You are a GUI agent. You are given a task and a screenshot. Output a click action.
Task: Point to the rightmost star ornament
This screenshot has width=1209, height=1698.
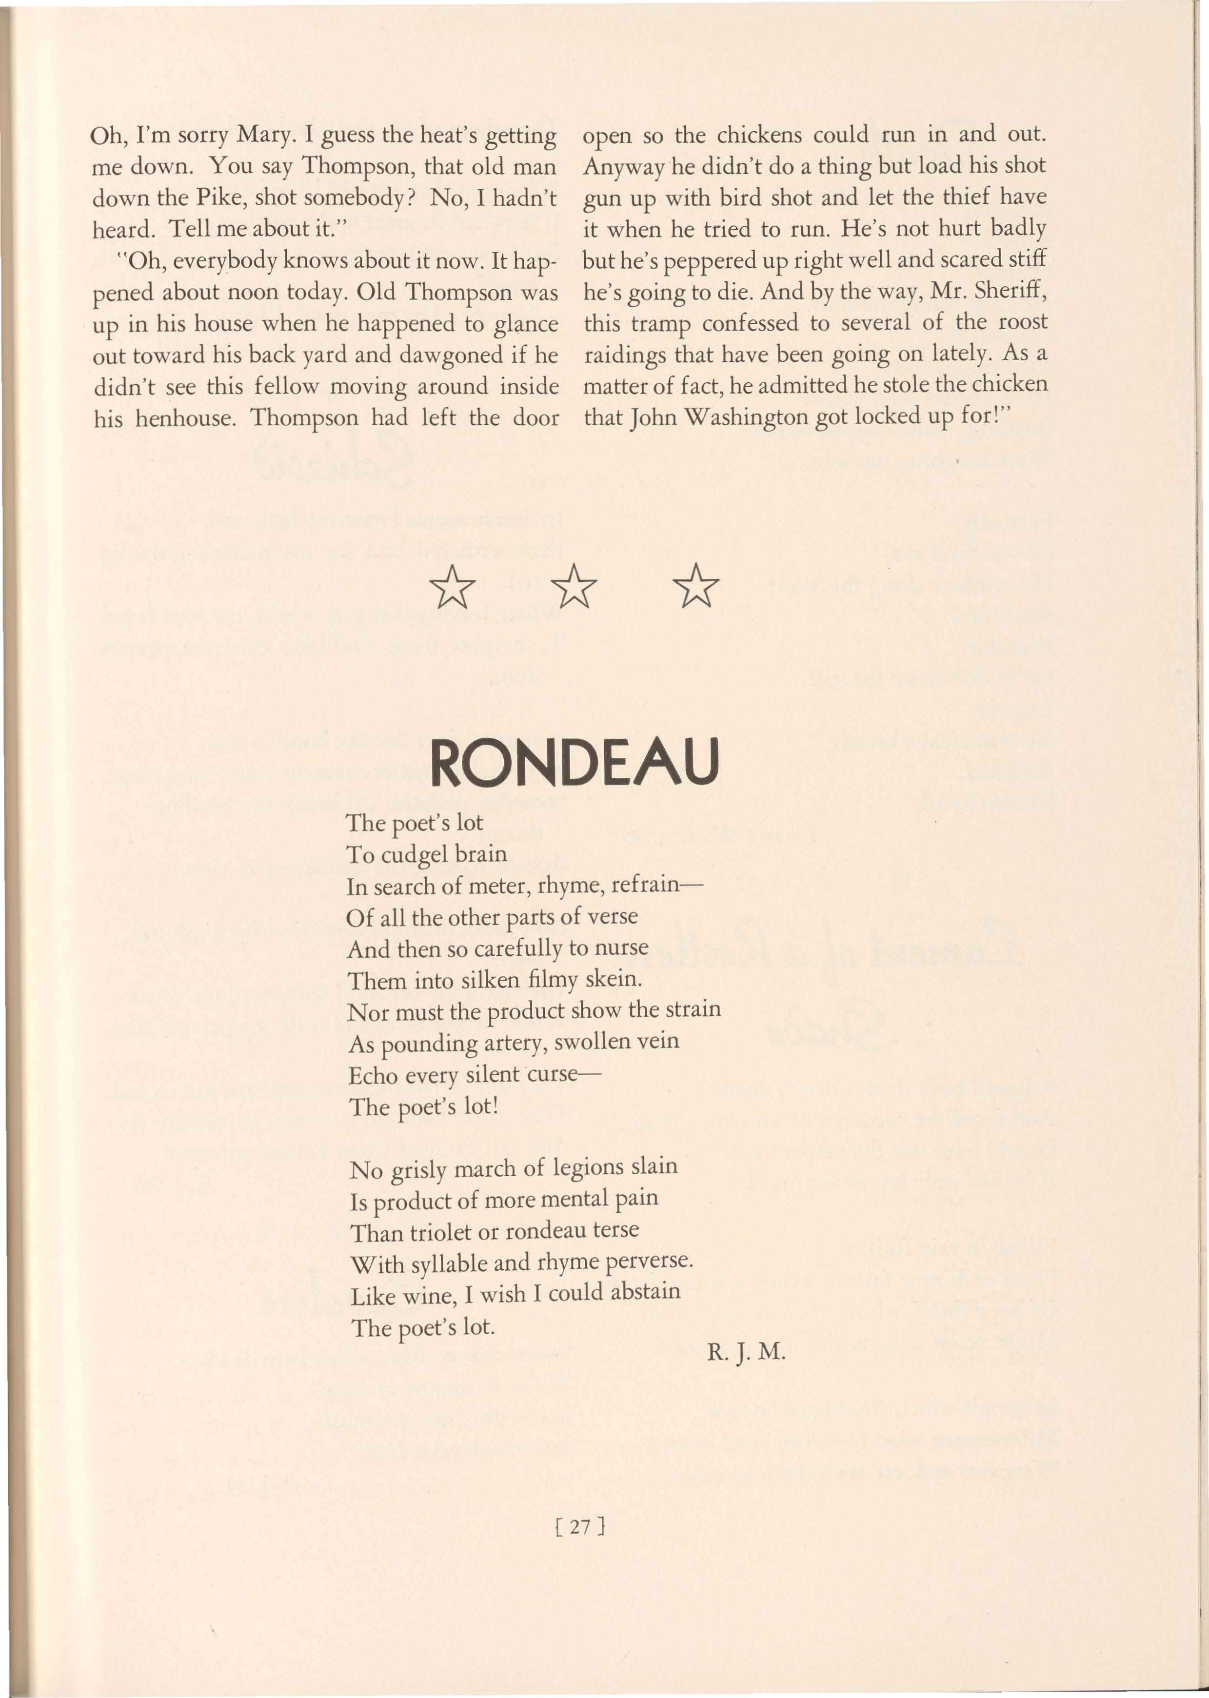[x=696, y=585]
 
